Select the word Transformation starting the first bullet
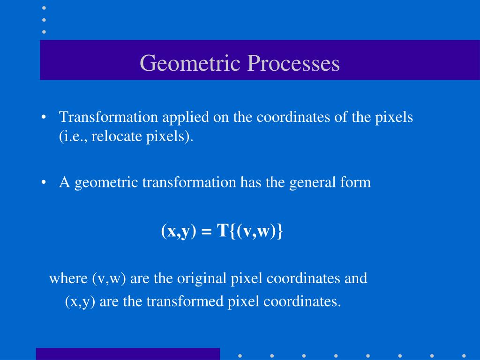click(109, 117)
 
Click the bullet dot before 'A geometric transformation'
click(44, 182)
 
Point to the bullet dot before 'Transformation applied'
click(44, 118)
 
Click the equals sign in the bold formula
click(206, 231)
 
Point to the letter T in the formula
click(222, 231)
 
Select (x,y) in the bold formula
click(178, 231)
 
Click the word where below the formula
click(68, 278)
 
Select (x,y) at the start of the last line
click(80, 302)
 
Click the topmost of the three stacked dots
click(44, 8)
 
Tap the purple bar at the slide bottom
click(127, 354)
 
